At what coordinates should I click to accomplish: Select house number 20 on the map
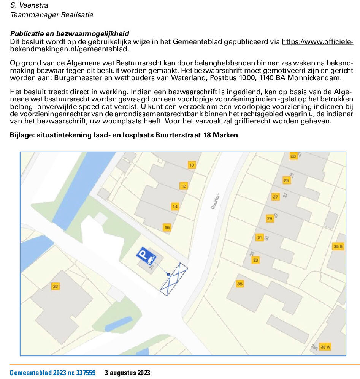tap(56, 286)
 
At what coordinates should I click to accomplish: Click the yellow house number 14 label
tap(175, 207)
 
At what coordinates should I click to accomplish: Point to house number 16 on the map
tap(167, 227)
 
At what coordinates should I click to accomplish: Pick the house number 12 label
tap(184, 186)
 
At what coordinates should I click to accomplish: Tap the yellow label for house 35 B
tap(338, 246)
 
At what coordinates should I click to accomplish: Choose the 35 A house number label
tap(325, 347)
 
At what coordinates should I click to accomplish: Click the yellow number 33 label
tap(255, 260)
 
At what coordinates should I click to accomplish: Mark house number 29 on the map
tap(269, 219)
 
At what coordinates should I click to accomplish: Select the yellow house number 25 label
tap(286, 180)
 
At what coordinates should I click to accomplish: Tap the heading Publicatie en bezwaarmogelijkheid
tap(70, 33)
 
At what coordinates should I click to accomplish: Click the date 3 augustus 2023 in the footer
tap(127, 373)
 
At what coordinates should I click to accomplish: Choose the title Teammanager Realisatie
tap(52, 15)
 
